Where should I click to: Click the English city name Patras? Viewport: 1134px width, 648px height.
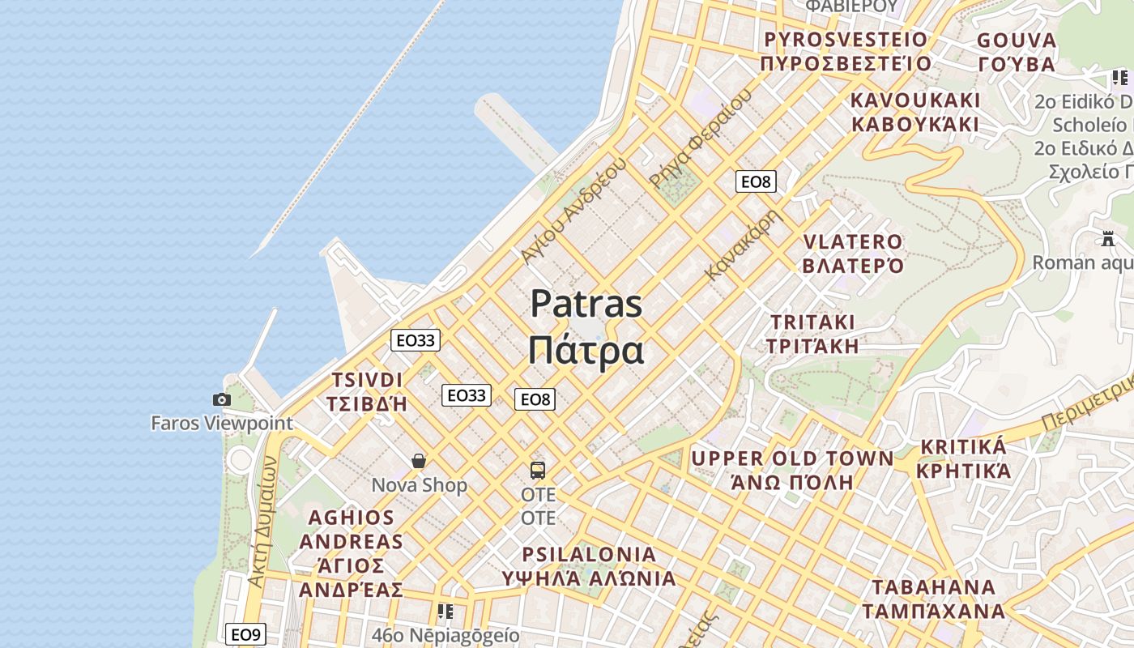click(586, 305)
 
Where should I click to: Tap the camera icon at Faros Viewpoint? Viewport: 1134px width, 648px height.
click(221, 399)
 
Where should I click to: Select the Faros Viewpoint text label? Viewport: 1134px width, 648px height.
click(222, 423)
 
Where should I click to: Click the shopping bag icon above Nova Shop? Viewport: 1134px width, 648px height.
click(419, 461)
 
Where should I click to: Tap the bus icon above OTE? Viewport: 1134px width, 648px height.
click(538, 470)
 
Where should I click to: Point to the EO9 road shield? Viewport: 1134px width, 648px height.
click(245, 634)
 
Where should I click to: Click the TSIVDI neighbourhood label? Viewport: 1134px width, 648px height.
click(367, 381)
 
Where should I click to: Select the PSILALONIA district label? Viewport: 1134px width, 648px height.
click(589, 555)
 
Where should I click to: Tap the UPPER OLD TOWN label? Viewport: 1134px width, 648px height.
click(792, 458)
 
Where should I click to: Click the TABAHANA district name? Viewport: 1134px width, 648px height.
click(933, 587)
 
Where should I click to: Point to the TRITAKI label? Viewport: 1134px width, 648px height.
click(812, 322)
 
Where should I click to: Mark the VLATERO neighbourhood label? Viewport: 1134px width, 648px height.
click(852, 242)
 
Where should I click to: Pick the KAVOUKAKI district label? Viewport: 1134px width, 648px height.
click(915, 100)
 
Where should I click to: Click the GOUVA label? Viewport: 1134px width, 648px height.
click(1017, 40)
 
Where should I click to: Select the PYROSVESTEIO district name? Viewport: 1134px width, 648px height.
click(846, 40)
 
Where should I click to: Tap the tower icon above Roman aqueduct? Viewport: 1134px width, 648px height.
click(1108, 239)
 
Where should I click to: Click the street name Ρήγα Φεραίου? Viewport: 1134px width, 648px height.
click(701, 138)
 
